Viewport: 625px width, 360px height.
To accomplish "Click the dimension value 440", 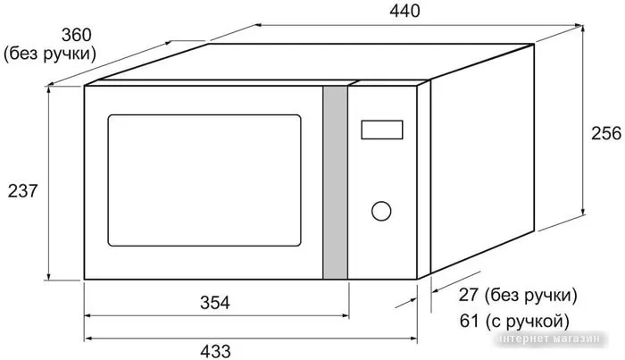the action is click(404, 11).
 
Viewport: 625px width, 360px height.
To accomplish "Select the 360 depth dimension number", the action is click(76, 35).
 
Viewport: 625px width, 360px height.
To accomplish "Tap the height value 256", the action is click(606, 133).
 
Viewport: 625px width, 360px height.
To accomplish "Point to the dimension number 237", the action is click(22, 191).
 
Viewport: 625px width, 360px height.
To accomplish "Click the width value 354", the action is click(215, 303).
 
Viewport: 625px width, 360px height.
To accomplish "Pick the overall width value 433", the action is click(215, 352).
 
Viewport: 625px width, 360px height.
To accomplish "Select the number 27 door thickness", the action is click(469, 295).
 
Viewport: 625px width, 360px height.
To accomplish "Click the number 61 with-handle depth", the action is click(469, 321).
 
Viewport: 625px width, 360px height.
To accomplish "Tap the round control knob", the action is click(381, 211).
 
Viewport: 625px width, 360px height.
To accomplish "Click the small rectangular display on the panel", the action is click(382, 130).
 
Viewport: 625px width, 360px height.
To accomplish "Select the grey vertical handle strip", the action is click(335, 182).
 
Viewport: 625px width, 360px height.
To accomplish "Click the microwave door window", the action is click(204, 180).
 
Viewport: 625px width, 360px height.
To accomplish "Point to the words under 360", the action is click(50, 54).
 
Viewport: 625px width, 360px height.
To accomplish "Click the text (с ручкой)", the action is click(527, 322).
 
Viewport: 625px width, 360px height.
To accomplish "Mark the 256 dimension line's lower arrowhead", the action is click(583, 211).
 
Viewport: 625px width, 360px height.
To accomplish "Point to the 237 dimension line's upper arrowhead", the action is click(48, 90).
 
